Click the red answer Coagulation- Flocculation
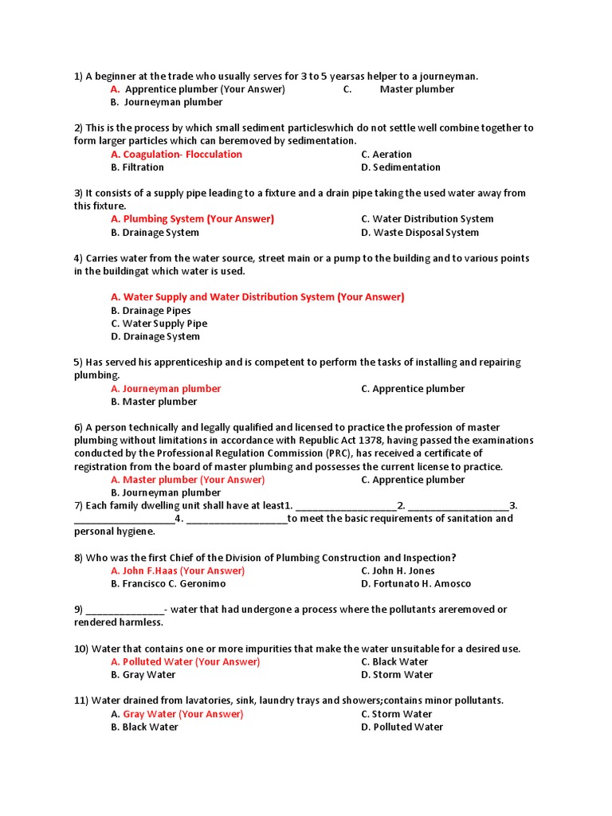point(176,155)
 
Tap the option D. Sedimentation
point(400,167)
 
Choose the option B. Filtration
point(137,167)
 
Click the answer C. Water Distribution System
point(426,219)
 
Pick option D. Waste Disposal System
point(419,233)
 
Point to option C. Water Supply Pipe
point(159,324)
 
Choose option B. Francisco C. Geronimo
point(168,584)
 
